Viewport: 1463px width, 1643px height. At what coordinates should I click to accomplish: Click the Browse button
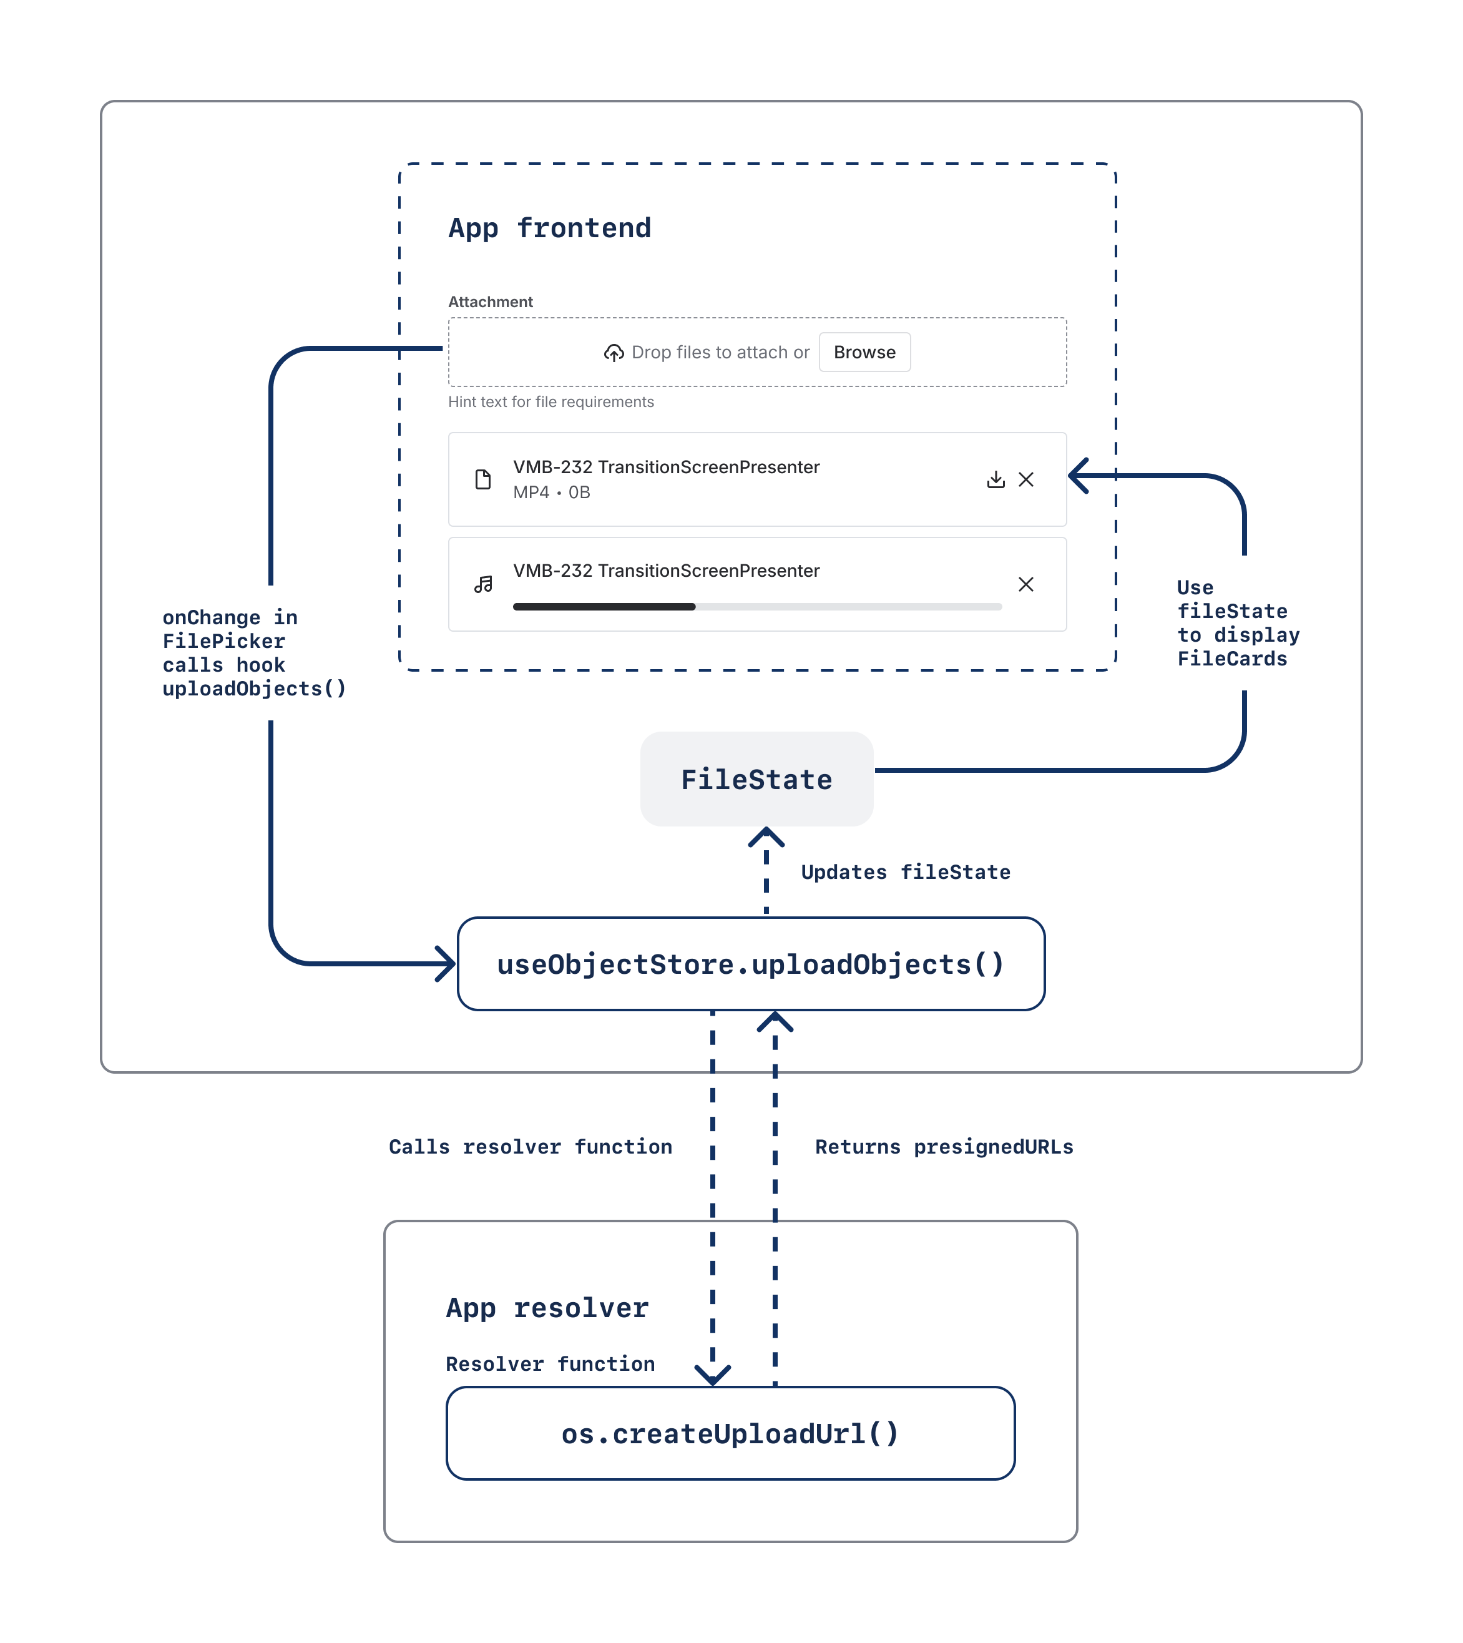(x=864, y=352)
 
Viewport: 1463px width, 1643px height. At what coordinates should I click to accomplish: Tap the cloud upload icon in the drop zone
(x=614, y=353)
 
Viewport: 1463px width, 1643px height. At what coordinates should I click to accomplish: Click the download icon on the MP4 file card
(x=995, y=480)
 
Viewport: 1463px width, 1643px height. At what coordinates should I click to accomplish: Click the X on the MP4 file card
(x=1025, y=480)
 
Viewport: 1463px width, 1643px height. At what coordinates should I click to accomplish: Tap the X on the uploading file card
(x=1025, y=584)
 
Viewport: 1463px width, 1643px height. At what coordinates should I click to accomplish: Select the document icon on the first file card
(x=483, y=480)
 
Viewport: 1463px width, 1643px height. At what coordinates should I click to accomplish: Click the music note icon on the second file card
(x=483, y=584)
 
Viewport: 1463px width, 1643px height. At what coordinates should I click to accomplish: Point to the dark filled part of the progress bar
(x=604, y=607)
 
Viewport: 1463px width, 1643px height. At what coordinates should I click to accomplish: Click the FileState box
(x=756, y=779)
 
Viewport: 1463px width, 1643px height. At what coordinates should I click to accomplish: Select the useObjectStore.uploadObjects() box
(x=751, y=964)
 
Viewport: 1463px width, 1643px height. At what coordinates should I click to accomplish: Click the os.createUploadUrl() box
(x=730, y=1433)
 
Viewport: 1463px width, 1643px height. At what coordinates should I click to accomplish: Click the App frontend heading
(x=550, y=228)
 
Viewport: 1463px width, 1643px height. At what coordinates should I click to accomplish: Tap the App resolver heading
(x=547, y=1308)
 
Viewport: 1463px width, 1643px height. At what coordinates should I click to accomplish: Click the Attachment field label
(x=491, y=302)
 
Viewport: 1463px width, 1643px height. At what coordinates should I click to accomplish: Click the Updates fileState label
(x=905, y=872)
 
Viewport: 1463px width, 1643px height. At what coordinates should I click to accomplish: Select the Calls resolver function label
(x=531, y=1147)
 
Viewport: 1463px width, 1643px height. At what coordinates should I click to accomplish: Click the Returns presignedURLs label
(x=944, y=1147)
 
